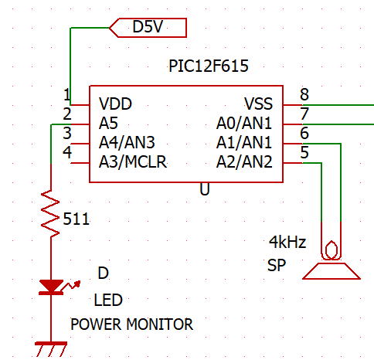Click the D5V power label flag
(148, 28)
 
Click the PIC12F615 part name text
(209, 66)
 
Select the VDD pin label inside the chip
(115, 104)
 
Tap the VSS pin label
(258, 104)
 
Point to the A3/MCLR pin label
(133, 161)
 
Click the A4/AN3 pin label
(127, 142)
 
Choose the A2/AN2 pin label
(244, 161)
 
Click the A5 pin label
(108, 123)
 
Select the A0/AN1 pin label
(244, 123)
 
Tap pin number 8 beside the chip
(304, 94)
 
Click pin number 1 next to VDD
(66, 94)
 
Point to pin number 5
(304, 152)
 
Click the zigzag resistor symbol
(50, 214)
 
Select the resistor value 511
(76, 219)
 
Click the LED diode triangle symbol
(52, 287)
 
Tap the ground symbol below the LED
(51, 349)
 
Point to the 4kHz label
(287, 242)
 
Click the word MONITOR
(159, 324)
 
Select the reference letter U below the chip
(205, 189)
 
